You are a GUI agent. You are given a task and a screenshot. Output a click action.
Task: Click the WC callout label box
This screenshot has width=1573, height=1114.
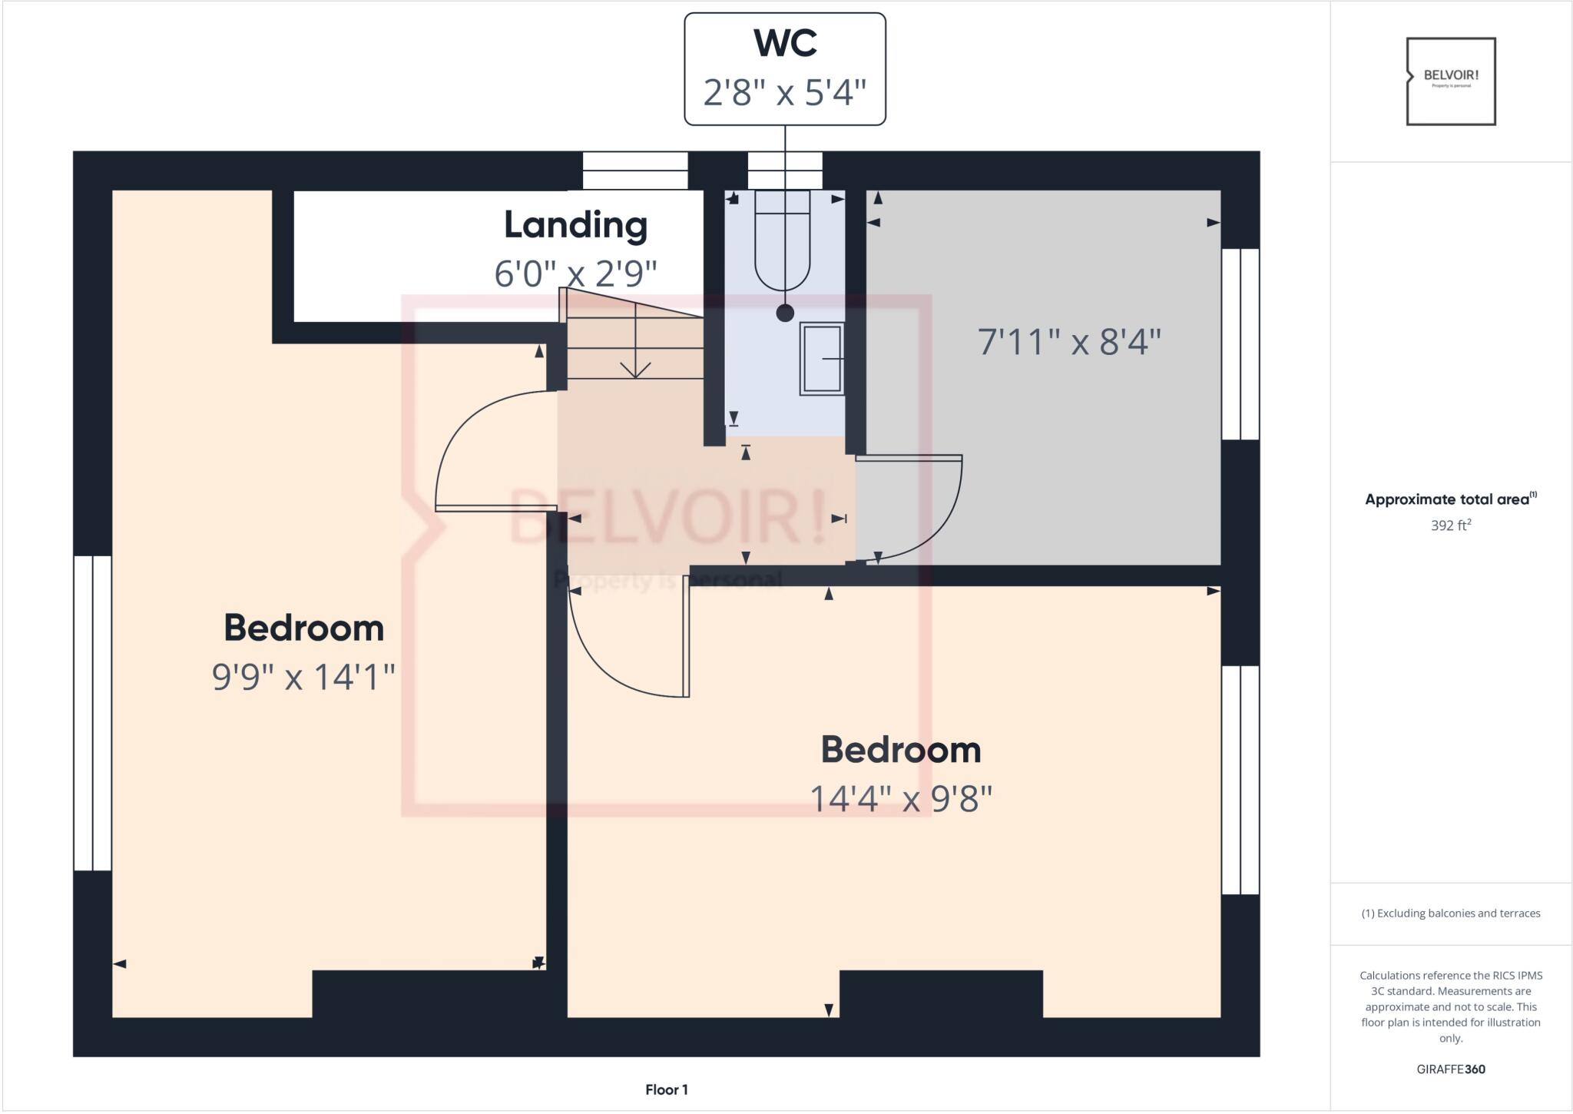click(x=784, y=68)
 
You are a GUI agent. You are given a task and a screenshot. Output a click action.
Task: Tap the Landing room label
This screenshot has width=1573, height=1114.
click(x=575, y=225)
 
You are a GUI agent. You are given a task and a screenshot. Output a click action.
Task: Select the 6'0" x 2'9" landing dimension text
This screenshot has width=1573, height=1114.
click(x=575, y=273)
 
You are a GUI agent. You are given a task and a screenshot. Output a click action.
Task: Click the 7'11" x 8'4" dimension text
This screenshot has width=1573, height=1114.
click(x=1068, y=341)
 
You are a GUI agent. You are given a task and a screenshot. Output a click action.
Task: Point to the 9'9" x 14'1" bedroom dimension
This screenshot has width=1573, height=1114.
click(x=303, y=677)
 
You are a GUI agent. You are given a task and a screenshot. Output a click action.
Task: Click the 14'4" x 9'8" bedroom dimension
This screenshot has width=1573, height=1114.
click(x=901, y=798)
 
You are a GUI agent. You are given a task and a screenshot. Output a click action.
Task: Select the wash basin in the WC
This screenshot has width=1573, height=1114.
click(x=822, y=359)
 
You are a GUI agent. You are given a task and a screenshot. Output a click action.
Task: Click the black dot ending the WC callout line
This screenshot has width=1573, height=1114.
click(x=784, y=313)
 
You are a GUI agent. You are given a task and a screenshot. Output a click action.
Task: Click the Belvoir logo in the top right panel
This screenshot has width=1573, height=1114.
click(x=1450, y=81)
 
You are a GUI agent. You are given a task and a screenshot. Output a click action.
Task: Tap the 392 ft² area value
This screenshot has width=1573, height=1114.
click(x=1450, y=526)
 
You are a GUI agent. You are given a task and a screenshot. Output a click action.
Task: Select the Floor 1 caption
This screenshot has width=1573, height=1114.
click(x=666, y=1089)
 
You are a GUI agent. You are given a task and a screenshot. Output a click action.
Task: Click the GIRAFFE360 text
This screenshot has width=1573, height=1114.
click(x=1450, y=1069)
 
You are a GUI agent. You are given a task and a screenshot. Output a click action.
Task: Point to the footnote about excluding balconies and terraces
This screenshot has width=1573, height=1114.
click(x=1450, y=913)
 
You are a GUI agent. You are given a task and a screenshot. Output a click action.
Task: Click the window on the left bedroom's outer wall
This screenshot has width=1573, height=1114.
click(x=92, y=713)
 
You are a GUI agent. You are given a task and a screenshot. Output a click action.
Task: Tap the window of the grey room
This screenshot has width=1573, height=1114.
click(x=1240, y=343)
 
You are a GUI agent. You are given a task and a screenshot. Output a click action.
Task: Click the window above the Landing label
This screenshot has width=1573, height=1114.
click(x=634, y=170)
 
